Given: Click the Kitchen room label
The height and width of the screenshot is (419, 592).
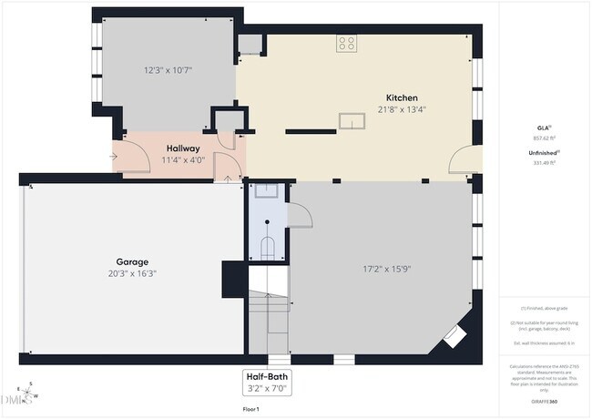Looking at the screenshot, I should coord(402,97).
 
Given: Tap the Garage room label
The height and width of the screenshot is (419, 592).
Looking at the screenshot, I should coord(132,261).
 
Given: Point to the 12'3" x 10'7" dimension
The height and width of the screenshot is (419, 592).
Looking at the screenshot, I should coord(168,69).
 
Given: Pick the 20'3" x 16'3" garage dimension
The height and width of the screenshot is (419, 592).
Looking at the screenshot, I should coord(132,273).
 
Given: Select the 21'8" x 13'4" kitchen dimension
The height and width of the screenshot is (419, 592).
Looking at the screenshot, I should coord(402,109).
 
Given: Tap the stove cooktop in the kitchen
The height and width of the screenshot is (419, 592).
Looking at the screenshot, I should coord(346,42).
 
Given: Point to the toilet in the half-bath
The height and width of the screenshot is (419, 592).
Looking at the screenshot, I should coord(268,248).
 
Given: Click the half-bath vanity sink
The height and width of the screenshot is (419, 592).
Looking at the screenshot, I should coord(265,191).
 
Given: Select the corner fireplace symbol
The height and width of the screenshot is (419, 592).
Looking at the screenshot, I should coord(452,338).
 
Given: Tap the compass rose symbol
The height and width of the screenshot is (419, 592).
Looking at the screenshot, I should coord(32,393).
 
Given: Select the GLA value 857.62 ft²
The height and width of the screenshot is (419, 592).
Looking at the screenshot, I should coord(545,138).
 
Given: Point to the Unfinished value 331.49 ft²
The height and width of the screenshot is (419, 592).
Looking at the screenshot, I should coord(545,163).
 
